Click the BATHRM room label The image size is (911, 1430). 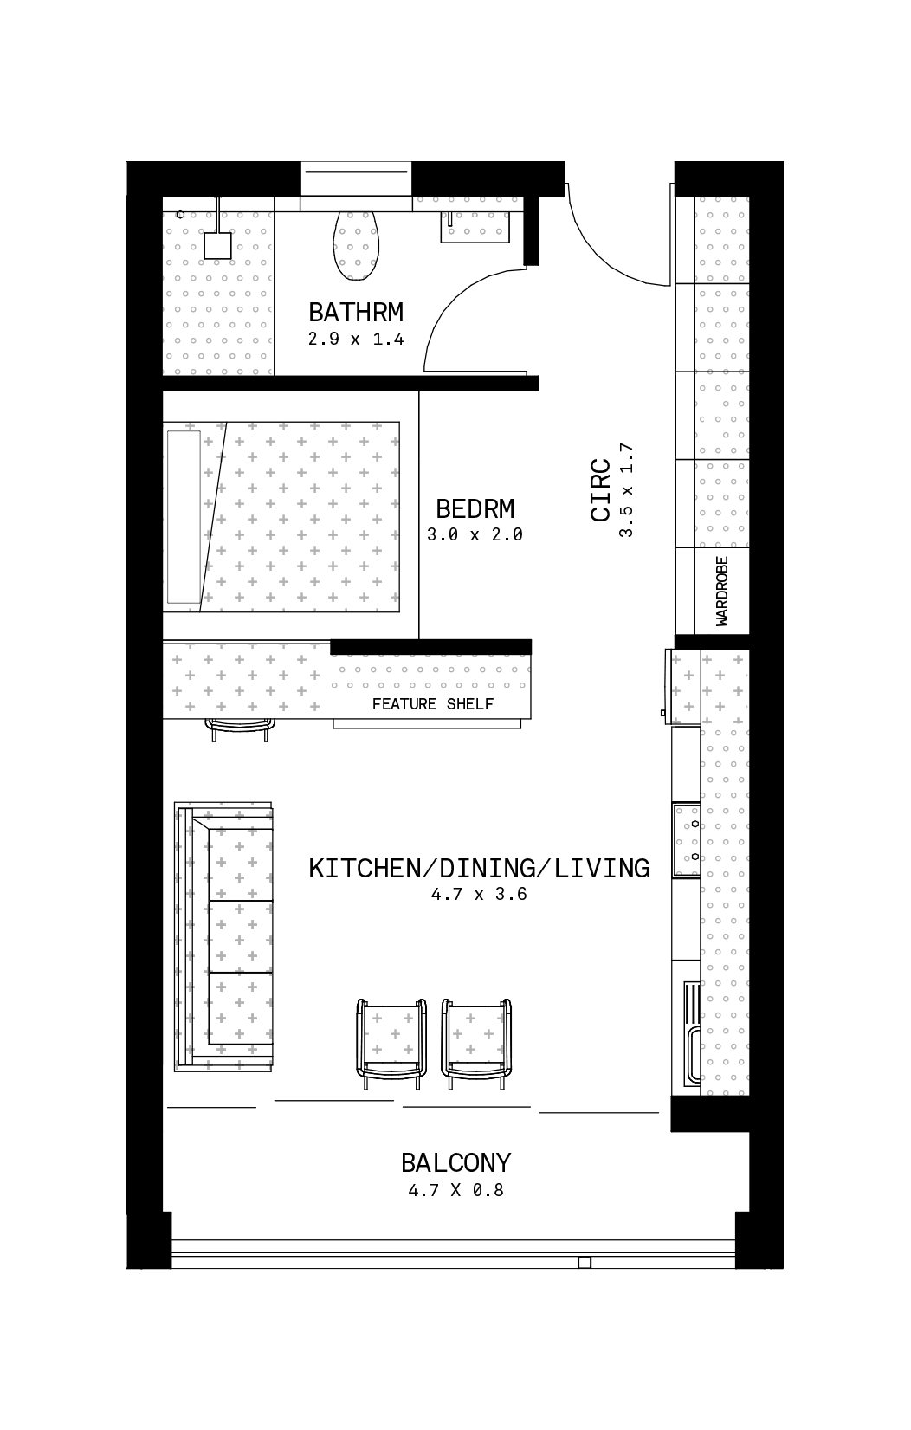tap(356, 313)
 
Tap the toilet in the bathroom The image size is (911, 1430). tap(356, 245)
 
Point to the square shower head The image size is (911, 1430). tap(217, 246)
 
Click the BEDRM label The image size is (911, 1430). tap(475, 508)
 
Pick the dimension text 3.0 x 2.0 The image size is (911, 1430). tap(475, 535)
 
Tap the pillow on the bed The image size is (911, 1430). tap(184, 517)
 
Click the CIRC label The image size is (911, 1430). tap(601, 489)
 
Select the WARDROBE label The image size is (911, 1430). tap(722, 592)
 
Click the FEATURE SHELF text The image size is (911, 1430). tap(433, 704)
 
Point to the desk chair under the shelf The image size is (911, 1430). tap(240, 729)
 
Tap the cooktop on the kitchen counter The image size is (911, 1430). tap(687, 840)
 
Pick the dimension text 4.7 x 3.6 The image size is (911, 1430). tap(480, 895)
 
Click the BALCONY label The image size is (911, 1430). tap(455, 1163)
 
